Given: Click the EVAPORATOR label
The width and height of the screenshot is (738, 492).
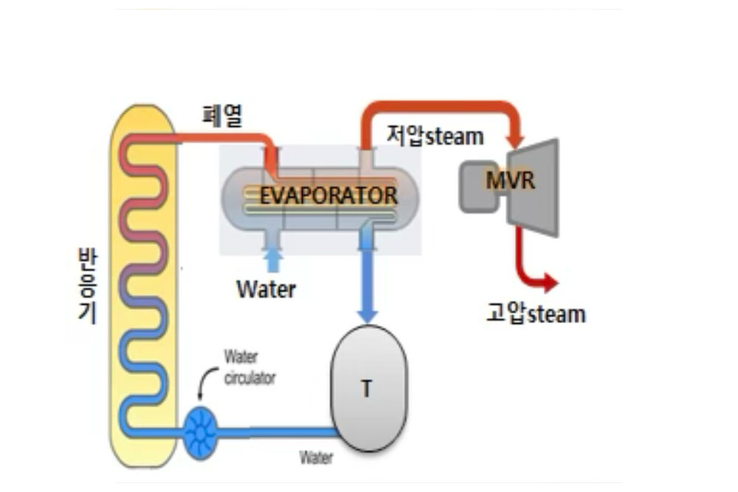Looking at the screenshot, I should coord(328,195).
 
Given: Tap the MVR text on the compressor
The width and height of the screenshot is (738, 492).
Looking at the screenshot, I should coord(510,180).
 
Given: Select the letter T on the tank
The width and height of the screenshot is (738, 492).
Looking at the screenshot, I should coord(366,389).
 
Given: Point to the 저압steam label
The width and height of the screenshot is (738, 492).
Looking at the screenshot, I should coord(435,136).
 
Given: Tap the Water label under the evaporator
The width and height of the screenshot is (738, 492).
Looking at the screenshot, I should coord(266,289).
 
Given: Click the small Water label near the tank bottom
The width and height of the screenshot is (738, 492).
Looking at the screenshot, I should coord(316,457).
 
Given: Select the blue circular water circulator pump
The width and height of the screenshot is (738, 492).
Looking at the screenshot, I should coord(200,432).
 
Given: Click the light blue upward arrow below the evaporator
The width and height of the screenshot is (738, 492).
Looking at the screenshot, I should coord(272,260).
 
